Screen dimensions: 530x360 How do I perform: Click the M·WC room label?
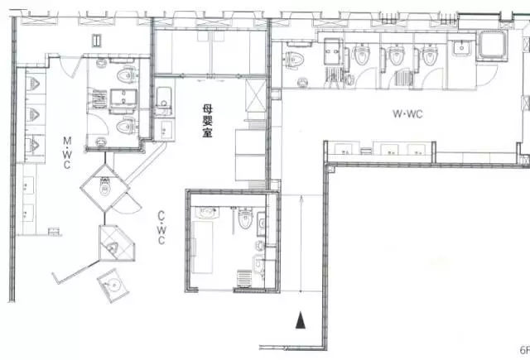pos(67,152)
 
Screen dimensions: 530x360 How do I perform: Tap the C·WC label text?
pos(161,228)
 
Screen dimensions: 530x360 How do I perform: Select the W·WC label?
pos(407,114)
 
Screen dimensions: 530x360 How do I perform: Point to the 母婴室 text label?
pos(208,121)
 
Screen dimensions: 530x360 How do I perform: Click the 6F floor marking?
pos(524,350)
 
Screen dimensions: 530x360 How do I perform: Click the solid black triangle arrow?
pos(301,320)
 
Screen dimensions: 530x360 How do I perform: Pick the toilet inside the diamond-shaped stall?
pos(105,187)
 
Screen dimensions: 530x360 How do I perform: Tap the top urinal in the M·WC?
pos(33,84)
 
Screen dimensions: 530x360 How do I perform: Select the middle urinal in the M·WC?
pos(33,115)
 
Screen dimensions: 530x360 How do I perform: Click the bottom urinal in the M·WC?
pos(33,145)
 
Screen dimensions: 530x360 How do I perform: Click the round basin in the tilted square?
pos(115,286)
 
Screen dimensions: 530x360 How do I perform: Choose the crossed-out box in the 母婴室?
pos(256,95)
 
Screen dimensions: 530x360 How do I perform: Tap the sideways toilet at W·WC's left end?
pos(294,60)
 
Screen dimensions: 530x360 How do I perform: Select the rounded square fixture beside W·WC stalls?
pos(492,46)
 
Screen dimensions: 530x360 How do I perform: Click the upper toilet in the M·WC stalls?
pos(126,75)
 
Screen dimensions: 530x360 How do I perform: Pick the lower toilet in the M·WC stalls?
pos(126,126)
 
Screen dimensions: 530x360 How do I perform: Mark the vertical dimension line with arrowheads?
pos(301,243)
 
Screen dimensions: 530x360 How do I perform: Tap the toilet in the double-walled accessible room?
pos(245,218)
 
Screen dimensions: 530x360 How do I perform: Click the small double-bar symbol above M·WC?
pos(97,41)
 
